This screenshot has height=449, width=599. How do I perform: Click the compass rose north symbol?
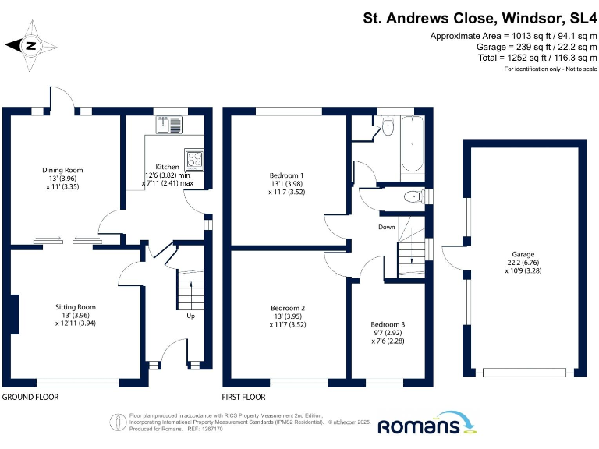click(29, 45)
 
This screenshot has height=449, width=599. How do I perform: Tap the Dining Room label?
click(62, 170)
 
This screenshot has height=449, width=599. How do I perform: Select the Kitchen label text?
click(168, 167)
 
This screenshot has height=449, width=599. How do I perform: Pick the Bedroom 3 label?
click(388, 324)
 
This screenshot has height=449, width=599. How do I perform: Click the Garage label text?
click(523, 254)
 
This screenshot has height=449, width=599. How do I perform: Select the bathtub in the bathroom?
click(411, 143)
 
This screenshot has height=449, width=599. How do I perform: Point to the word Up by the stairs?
click(190, 316)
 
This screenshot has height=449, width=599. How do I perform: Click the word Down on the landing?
click(387, 227)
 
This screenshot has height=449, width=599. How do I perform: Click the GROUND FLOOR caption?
click(30, 397)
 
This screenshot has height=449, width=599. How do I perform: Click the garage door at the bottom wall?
click(522, 372)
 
